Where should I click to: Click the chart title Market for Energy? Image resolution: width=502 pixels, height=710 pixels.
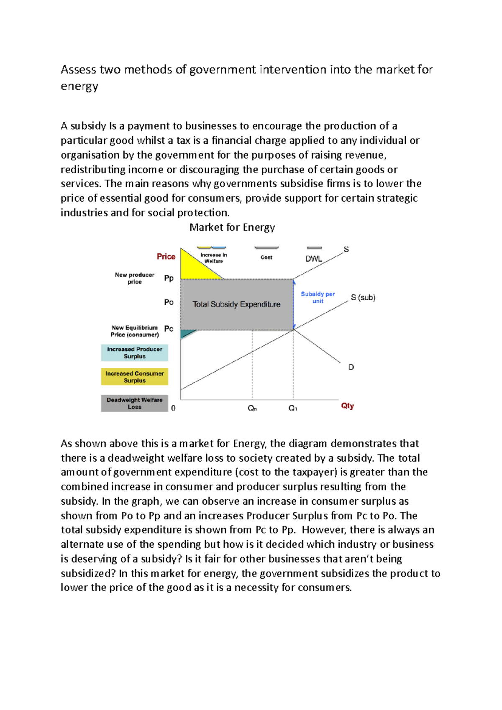[x=232, y=227]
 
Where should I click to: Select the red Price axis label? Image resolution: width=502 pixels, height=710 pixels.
[x=166, y=257]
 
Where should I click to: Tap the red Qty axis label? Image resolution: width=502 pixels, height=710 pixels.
[x=347, y=406]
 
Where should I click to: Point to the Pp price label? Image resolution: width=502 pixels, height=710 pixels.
[x=169, y=278]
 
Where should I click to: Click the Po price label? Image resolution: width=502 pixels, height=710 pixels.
[x=169, y=302]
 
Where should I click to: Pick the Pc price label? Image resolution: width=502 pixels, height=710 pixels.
[x=169, y=329]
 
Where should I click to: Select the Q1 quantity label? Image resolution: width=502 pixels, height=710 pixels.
[x=292, y=408]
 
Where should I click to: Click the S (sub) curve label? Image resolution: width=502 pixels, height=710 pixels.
[x=363, y=298]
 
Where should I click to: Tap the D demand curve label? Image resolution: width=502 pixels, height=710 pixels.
[x=351, y=367]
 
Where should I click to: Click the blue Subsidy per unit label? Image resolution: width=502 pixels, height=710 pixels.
[x=318, y=297]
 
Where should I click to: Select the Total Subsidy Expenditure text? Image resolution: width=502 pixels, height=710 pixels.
[x=236, y=304]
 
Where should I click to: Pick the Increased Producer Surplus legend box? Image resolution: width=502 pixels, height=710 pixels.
[x=134, y=353]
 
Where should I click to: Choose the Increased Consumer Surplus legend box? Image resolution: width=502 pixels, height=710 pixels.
[x=134, y=377]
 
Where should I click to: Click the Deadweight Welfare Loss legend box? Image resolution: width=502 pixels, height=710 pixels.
[x=134, y=404]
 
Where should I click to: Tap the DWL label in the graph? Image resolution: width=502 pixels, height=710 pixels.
[x=314, y=259]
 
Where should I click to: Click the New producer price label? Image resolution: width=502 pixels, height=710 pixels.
[x=134, y=278]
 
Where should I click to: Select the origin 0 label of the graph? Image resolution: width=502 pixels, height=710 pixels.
[x=173, y=408]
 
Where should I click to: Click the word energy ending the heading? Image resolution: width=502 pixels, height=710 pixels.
[x=79, y=87]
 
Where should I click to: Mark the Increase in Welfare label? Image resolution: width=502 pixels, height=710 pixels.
[x=213, y=258]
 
